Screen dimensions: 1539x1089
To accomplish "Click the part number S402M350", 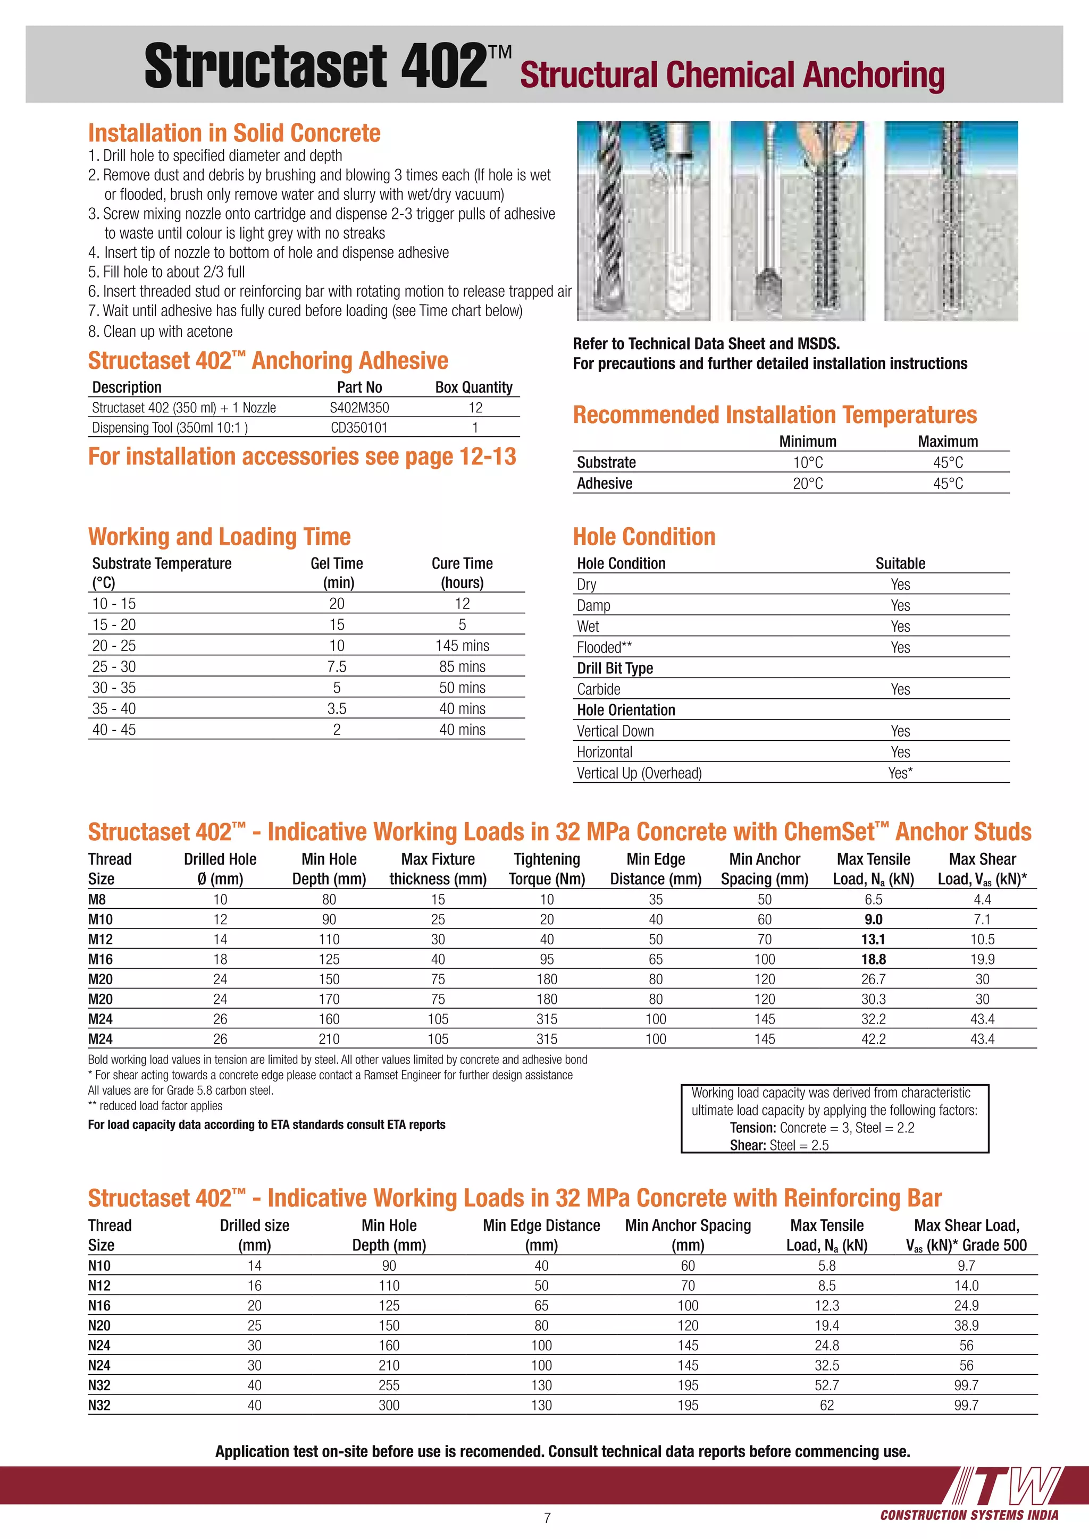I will (x=359, y=408).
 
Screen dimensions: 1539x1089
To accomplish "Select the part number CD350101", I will (x=359, y=428).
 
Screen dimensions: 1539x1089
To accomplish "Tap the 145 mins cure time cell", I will (x=462, y=646).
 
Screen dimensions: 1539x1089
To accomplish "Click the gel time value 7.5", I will (x=337, y=666).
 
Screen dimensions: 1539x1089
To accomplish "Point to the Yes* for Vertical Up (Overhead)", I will (x=900, y=773).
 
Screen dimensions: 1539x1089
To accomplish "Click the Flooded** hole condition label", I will (x=604, y=647).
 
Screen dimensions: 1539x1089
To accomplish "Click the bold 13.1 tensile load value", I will (x=873, y=939).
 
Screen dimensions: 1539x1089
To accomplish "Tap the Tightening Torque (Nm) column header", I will (x=547, y=869).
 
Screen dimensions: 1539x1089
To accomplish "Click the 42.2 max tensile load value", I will (x=873, y=1039).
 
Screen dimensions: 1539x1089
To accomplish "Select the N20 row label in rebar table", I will (x=99, y=1325).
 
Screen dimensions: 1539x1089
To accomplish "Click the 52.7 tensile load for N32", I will (x=827, y=1385).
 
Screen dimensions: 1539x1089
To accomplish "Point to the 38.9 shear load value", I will (x=966, y=1325).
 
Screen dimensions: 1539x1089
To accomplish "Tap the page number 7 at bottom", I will (x=547, y=1518).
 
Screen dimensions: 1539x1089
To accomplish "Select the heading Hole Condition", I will (x=644, y=537).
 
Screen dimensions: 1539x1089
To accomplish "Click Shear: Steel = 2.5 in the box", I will (x=779, y=1145).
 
